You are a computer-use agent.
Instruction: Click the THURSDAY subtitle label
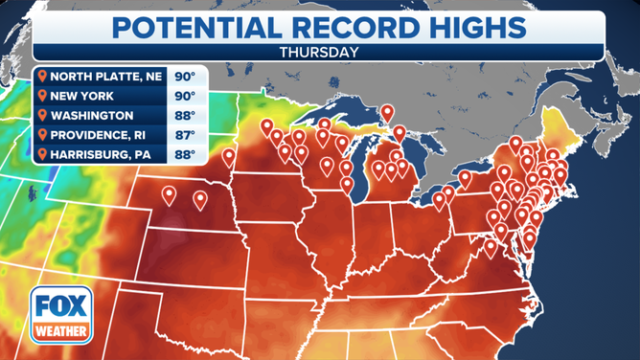[x=320, y=52]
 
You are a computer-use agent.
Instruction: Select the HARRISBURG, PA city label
[x=105, y=153]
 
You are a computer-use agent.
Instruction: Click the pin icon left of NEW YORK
[x=42, y=96]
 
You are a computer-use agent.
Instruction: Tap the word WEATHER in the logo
[x=57, y=333]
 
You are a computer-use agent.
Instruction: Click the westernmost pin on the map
[x=170, y=195]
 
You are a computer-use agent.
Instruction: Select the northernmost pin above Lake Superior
[x=387, y=113]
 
